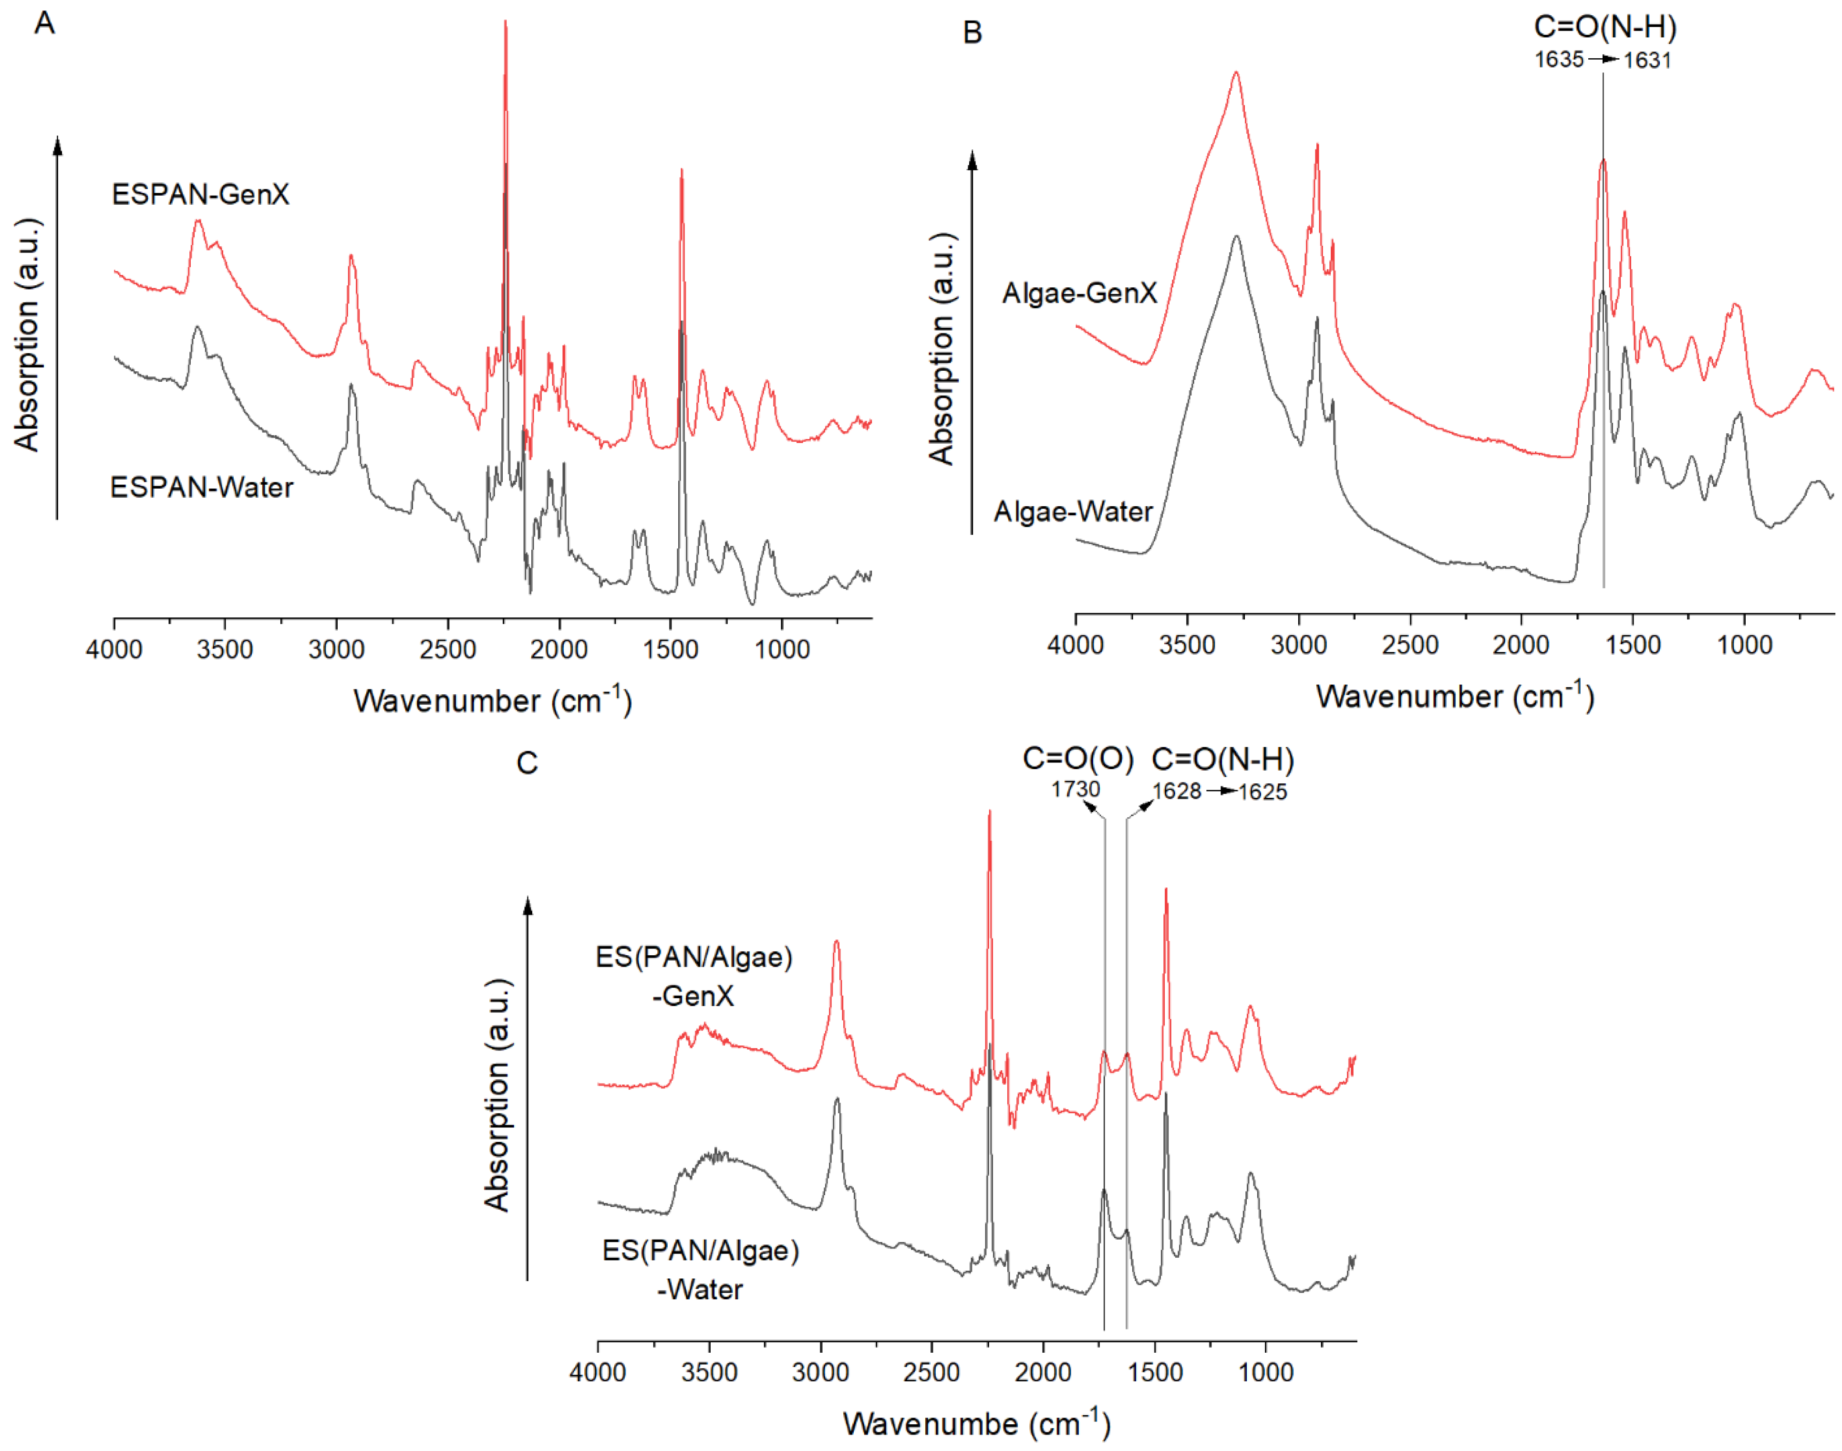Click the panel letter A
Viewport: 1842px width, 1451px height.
[44, 23]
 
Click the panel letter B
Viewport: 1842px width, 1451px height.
[973, 33]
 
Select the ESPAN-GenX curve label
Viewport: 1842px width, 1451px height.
[200, 195]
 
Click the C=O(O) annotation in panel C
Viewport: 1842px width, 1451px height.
[1077, 759]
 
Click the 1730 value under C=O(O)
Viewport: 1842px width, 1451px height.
[1075, 789]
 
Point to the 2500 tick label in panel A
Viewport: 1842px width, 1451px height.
[447, 650]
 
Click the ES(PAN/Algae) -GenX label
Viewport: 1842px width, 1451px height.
[694, 976]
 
